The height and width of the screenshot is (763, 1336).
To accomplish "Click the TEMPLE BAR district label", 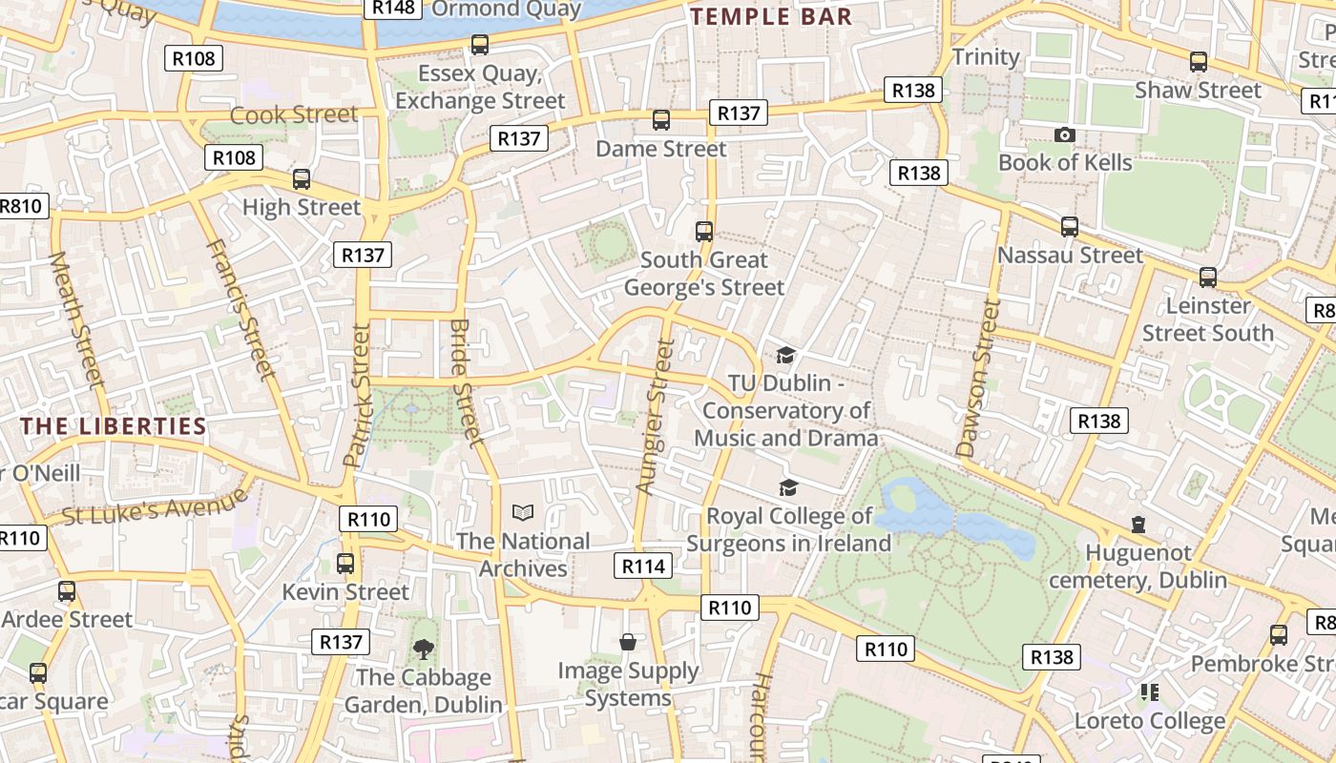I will point(771,16).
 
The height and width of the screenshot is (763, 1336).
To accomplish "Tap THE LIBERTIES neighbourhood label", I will point(114,426).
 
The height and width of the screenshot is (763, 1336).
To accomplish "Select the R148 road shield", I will point(392,8).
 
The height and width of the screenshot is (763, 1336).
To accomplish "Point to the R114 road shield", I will point(642,566).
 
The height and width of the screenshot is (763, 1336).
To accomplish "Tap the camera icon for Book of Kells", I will point(1065,135).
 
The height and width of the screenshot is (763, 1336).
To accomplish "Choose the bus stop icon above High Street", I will point(302,179).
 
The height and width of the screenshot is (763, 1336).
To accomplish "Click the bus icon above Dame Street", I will point(660,120).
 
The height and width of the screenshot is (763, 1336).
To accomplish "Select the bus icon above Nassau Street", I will point(1070,227).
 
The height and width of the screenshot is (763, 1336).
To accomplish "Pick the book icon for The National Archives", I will point(523,513).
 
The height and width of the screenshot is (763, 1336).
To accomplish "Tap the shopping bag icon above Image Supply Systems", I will point(628,643).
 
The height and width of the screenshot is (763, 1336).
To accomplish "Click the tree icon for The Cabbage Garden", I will point(423,650).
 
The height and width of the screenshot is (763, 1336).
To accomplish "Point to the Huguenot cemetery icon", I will point(1138,525).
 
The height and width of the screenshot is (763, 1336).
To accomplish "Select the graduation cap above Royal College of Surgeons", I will point(788,488).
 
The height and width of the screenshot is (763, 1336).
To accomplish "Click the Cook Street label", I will point(294,114).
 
